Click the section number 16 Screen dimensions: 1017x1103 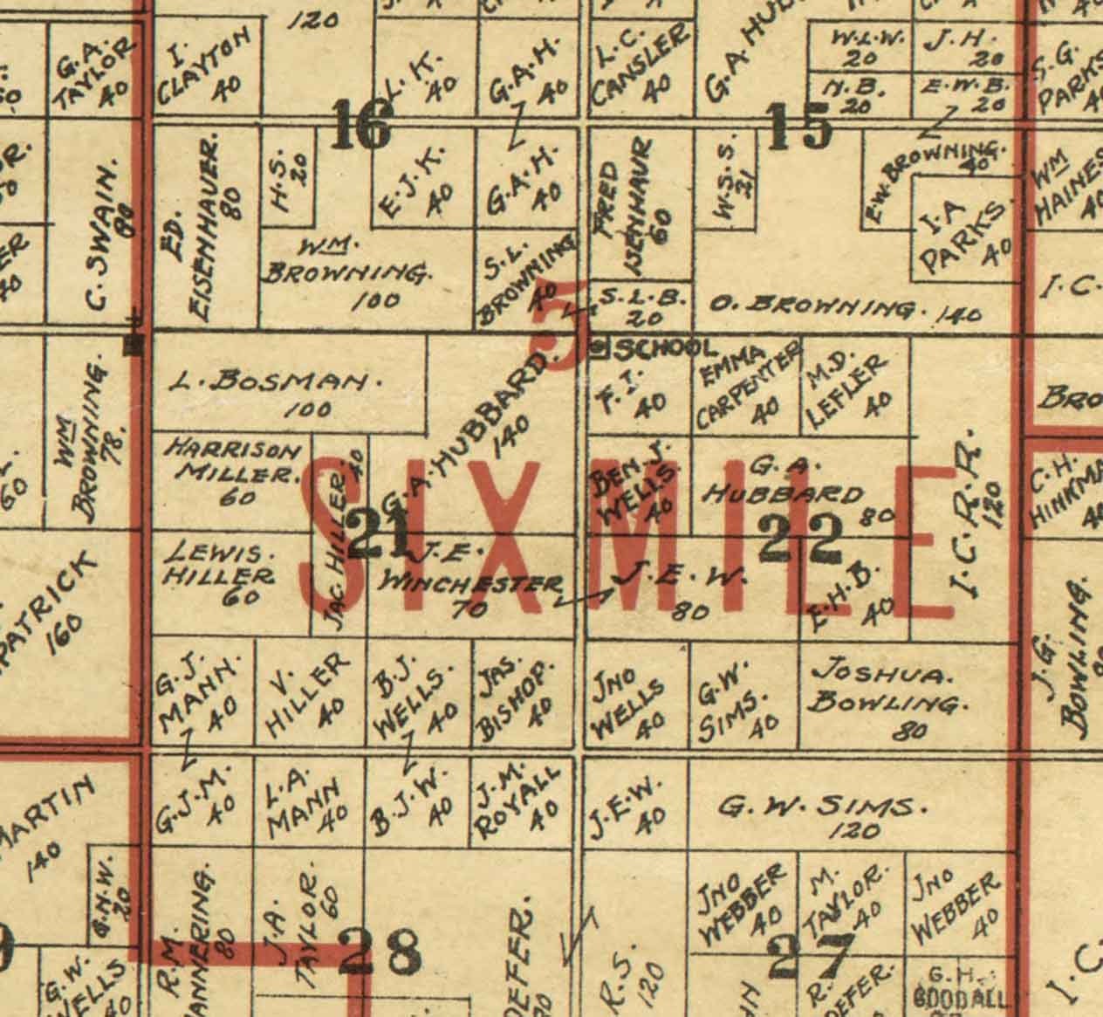point(361,127)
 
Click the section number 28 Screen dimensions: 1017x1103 point(380,952)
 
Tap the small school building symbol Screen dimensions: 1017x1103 point(599,348)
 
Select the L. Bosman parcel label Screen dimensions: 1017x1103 point(277,381)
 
